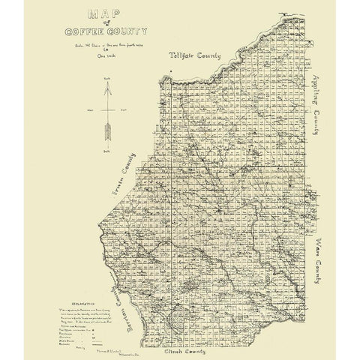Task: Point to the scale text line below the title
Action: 97,45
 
